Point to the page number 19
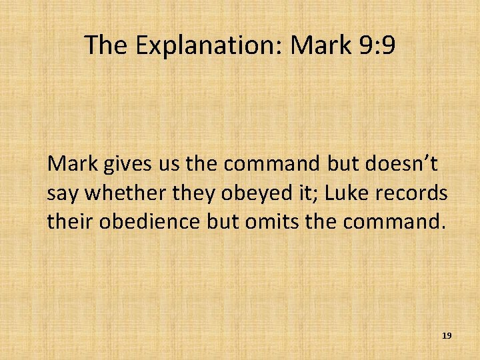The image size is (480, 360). pyautogui.click(x=447, y=336)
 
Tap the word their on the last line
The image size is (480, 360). pyautogui.click(x=69, y=221)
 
